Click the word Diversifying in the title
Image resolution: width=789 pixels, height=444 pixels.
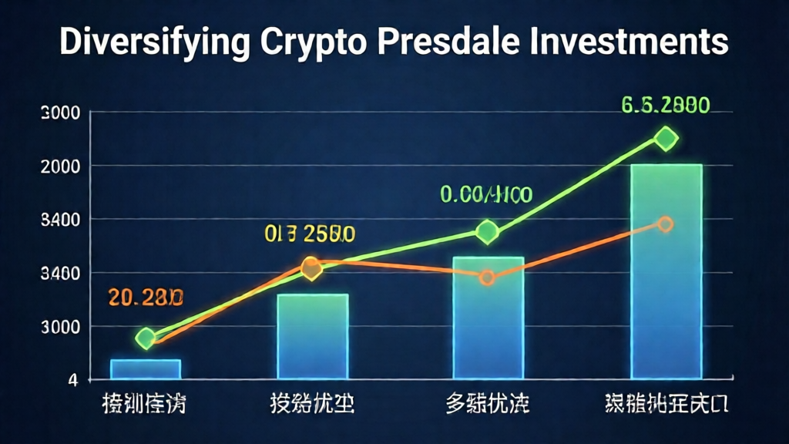(x=155, y=43)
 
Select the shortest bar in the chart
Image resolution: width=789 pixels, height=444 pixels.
(x=146, y=369)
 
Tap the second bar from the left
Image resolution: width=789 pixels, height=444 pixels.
(x=313, y=336)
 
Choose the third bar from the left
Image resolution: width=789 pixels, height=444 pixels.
(x=489, y=318)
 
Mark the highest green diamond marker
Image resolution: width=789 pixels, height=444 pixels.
(x=666, y=139)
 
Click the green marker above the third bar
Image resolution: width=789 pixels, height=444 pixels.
(x=487, y=231)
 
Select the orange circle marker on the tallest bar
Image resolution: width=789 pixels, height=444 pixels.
(x=666, y=224)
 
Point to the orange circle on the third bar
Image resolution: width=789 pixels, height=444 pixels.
(x=487, y=277)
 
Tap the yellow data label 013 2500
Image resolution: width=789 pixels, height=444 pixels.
(x=311, y=233)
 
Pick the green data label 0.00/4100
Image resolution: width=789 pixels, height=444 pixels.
(x=486, y=193)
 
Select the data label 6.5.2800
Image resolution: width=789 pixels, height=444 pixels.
(x=666, y=104)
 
